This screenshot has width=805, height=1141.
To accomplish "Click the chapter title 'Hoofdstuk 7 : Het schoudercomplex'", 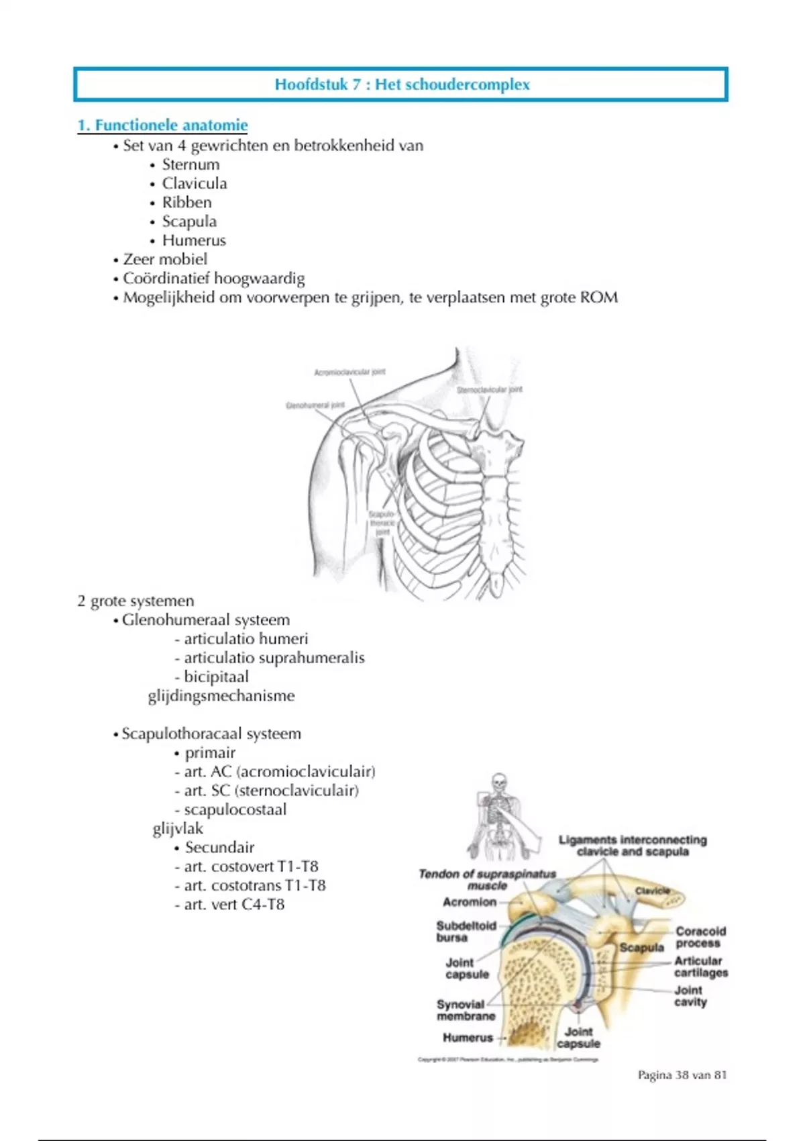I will click(x=402, y=85).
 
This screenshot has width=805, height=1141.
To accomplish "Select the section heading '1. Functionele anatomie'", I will click(x=162, y=125).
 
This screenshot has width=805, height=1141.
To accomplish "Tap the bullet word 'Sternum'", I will click(x=191, y=164).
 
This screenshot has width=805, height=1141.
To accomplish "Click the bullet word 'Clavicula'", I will click(x=195, y=183).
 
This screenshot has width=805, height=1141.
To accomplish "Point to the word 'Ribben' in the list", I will click(x=186, y=202).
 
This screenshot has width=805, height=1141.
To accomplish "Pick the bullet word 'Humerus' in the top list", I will click(x=194, y=240).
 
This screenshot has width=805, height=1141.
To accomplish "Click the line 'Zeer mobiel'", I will click(x=165, y=259).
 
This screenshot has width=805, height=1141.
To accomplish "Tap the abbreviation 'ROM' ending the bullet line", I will click(x=598, y=297).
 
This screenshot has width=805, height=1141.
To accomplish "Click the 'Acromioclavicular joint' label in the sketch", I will click(x=350, y=372).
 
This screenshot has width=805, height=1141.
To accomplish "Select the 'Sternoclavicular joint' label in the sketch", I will click(x=489, y=390).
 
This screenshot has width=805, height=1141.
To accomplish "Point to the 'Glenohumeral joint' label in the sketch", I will click(x=315, y=405).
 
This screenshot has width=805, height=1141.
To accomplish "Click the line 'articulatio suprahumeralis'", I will click(x=274, y=658).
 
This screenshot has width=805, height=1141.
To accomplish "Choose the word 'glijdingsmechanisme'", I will click(x=221, y=695).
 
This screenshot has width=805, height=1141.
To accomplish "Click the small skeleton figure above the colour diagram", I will click(x=498, y=815).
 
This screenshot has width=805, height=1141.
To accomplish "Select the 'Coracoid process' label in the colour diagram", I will click(x=700, y=937).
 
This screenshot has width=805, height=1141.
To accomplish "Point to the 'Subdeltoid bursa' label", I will click(x=466, y=931).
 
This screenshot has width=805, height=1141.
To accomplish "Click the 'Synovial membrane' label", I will click(x=466, y=1010).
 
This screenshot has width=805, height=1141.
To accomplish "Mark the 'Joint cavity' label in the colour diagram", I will click(x=690, y=996).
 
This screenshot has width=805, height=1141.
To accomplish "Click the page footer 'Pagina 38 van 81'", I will click(x=682, y=1075).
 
